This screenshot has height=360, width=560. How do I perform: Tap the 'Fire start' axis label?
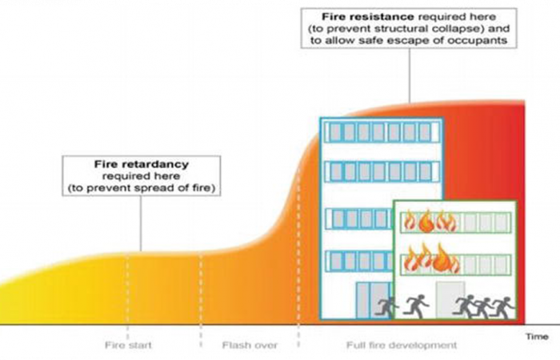(x=128, y=346)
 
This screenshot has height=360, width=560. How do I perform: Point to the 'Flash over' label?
(x=250, y=346)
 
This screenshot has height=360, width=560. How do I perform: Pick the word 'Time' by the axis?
(x=537, y=337)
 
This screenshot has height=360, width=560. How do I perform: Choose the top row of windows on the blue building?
(x=381, y=132)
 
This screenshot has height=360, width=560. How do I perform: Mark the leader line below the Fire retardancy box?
(x=141, y=225)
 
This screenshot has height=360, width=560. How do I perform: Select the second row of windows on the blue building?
(x=381, y=171)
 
